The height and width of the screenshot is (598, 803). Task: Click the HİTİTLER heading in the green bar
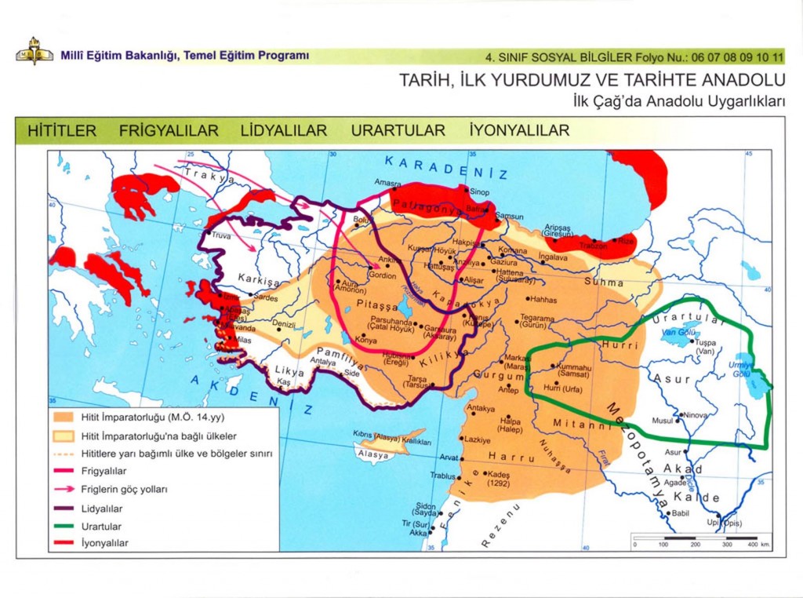pos(62,131)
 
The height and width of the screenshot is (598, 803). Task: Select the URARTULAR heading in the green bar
pos(398,131)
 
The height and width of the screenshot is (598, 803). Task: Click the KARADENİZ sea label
pos(446,167)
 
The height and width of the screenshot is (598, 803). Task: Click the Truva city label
pos(222,235)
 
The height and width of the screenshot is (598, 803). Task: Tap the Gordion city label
pos(383,276)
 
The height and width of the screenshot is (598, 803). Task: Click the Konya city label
pos(365,341)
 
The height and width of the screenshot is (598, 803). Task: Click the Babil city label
pos(679,513)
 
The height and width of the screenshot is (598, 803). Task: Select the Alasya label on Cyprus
pos(372,455)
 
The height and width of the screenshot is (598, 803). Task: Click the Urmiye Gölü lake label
pos(740,370)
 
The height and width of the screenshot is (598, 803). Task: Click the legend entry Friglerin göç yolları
pos(125,489)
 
